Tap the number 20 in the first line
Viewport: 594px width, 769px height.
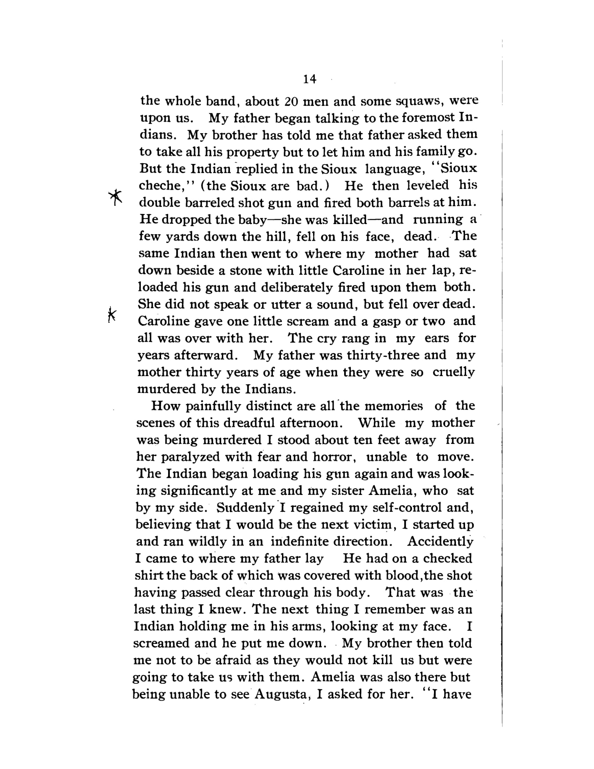(291, 101)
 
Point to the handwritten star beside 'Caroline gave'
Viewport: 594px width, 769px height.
(111, 315)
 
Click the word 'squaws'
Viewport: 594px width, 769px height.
(418, 101)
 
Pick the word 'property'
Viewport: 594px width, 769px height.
(253, 152)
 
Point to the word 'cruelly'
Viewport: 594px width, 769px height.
(454, 372)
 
